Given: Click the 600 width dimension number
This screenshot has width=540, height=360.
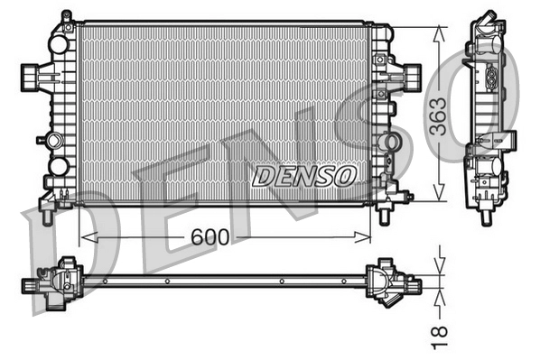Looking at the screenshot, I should click(209, 237).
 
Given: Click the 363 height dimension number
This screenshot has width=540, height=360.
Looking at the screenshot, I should click(436, 115).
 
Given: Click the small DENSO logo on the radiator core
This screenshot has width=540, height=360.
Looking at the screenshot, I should click(304, 174).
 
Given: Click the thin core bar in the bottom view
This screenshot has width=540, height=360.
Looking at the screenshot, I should click(226, 281).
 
